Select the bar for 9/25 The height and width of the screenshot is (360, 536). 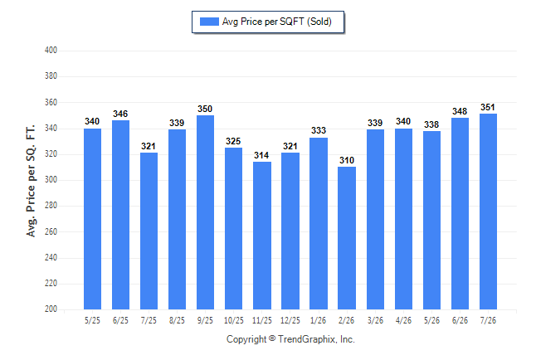click(205, 212)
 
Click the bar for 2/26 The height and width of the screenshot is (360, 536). click(347, 238)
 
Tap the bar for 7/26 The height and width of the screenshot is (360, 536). click(488, 212)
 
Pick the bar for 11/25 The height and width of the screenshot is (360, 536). click(262, 236)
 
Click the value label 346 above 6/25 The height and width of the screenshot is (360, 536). click(120, 114)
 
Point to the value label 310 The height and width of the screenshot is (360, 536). click(347, 160)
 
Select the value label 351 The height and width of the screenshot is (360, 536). click(488, 107)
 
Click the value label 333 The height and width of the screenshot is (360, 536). click(319, 130)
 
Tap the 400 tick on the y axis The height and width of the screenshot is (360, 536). click(51, 51)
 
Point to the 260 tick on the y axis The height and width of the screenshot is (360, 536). click(51, 231)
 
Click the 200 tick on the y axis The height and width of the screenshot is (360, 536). click(51, 309)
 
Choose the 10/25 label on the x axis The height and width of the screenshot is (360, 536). click(234, 320)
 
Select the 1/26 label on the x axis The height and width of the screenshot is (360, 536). click(319, 320)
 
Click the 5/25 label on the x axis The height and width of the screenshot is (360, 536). click(92, 320)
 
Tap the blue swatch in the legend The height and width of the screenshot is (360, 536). click(209, 22)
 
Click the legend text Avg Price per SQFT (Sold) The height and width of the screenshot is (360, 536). click(277, 22)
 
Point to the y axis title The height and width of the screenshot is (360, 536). click(31, 181)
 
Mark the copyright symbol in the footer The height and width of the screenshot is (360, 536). click(272, 338)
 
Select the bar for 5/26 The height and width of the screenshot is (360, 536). click(431, 220)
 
